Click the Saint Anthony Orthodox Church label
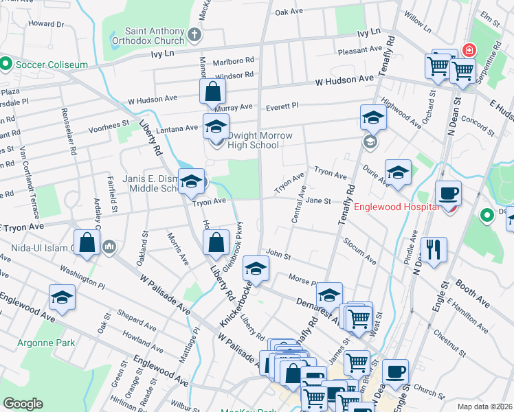(x=155, y=36)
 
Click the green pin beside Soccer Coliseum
(x=5, y=65)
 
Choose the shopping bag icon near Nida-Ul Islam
(x=87, y=242)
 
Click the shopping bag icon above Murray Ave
(x=213, y=91)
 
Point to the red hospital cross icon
(x=469, y=50)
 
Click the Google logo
(x=23, y=404)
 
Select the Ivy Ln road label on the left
(x=163, y=53)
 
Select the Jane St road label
(x=319, y=201)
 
